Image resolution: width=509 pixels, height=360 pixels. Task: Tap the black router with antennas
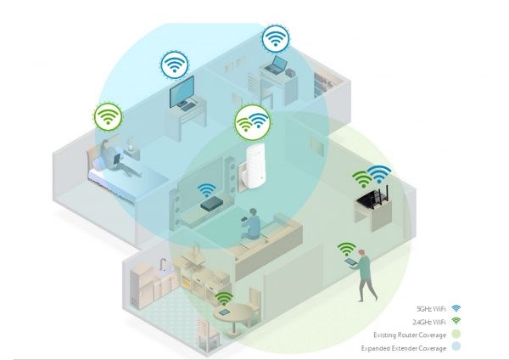pos(373,197)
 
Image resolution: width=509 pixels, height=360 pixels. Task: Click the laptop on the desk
pos(276,65)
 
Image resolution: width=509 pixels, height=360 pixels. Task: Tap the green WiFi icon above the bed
pos(108,116)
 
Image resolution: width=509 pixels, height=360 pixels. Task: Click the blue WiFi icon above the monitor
pos(175,65)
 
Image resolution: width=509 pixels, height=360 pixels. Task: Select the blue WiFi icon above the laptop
pos(275,39)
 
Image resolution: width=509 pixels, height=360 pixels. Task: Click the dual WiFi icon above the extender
pos(253,122)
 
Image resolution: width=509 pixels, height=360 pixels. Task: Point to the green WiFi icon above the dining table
pos(224,298)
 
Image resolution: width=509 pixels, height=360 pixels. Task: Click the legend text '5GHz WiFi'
pos(431,309)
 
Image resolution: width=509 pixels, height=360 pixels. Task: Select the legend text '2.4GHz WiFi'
pos(428,322)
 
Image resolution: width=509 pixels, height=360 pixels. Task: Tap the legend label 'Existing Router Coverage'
pos(410,335)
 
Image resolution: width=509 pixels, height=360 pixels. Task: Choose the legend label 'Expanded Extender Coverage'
pos(404,348)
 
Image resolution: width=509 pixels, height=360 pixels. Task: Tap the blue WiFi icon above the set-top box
pos(207,189)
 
